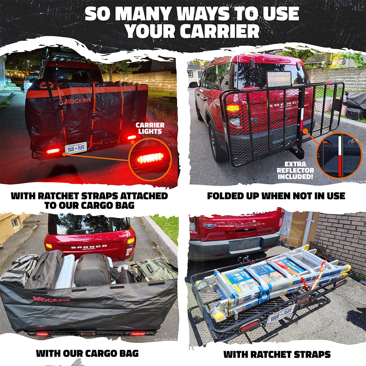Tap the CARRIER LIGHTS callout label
150,128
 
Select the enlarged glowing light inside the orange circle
150,158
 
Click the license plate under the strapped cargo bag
76,148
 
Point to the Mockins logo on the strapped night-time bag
77,101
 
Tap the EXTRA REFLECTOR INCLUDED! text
295,170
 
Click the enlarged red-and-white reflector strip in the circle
340,156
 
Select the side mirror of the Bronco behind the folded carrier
194,85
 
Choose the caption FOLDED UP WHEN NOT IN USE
276,196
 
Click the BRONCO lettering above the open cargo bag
89,247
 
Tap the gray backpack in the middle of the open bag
92,269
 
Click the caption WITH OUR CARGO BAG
87,353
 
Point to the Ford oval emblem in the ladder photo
209,226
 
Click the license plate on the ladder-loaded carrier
281,314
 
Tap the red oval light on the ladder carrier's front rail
249,326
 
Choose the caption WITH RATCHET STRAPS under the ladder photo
277,354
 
